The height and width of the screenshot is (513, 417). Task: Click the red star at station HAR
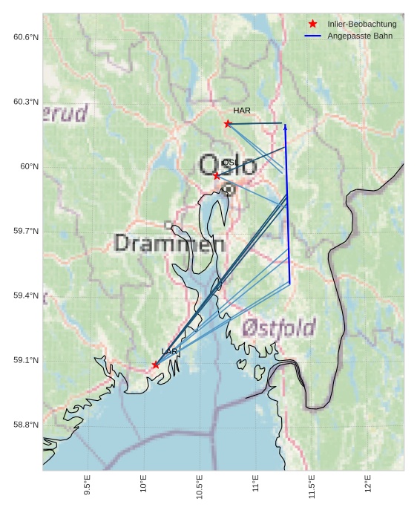click(228, 123)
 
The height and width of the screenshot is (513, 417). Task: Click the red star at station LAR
click(155, 365)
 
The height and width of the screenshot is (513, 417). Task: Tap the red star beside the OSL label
click(217, 175)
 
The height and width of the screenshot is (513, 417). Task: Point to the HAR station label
click(242, 111)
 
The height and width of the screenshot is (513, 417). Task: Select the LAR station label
click(169, 351)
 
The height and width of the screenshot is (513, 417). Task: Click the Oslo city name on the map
click(228, 165)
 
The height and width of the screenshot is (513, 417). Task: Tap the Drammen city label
click(170, 244)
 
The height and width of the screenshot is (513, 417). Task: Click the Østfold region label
click(279, 327)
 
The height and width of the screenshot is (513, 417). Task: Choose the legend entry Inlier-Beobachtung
click(362, 24)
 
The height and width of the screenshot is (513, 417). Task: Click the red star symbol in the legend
click(313, 24)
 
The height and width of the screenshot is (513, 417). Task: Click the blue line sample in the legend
click(313, 36)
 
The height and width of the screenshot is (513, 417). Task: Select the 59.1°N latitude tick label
click(26, 361)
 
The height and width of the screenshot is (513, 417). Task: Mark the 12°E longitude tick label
click(369, 484)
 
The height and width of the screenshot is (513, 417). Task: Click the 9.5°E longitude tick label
click(88, 485)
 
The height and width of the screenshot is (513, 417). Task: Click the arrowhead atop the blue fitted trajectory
click(285, 127)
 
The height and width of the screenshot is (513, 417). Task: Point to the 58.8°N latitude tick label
click(26, 425)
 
